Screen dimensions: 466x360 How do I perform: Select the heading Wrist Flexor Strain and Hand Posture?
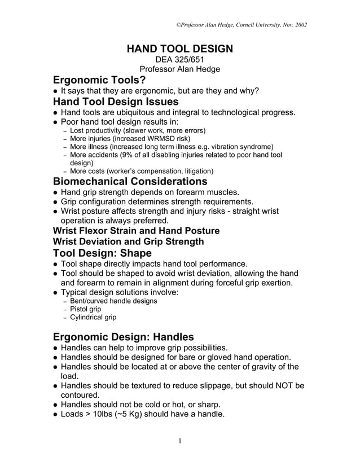point(135,230)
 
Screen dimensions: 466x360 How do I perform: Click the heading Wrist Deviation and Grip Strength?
point(128,241)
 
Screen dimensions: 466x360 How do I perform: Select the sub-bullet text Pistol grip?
point(85,309)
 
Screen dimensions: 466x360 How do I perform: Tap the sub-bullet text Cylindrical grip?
point(93,318)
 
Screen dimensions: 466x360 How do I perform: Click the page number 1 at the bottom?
point(179,441)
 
